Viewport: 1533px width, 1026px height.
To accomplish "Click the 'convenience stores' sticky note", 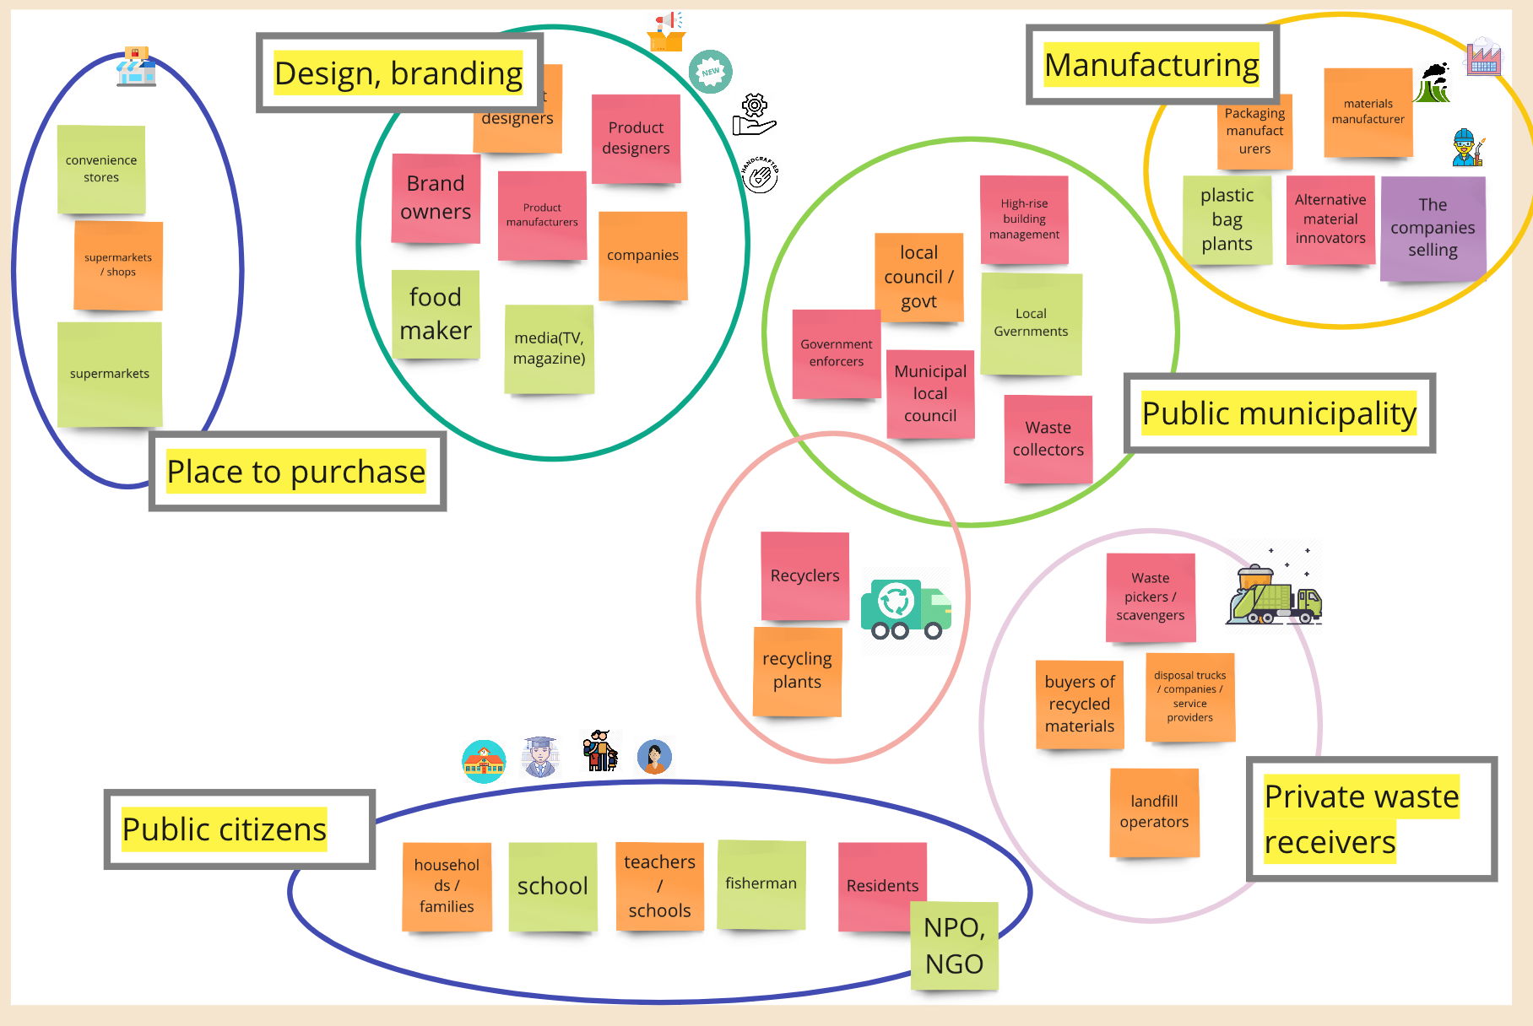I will click(101, 169).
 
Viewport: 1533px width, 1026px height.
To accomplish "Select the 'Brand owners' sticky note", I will click(436, 198).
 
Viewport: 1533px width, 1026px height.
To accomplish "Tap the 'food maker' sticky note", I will click(436, 314).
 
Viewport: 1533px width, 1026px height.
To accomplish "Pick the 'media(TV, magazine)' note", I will click(550, 348).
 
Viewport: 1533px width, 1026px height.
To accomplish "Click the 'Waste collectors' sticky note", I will click(1048, 439).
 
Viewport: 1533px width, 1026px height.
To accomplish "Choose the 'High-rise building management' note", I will click(1024, 219).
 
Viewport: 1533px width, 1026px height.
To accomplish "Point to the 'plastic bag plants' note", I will click(1227, 219).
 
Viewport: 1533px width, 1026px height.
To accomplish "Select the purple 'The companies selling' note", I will click(1433, 228).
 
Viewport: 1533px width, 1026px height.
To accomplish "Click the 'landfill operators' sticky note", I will click(1154, 812).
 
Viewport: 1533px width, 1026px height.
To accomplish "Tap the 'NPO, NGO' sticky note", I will click(955, 945).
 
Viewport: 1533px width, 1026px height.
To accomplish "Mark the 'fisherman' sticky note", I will click(761, 883).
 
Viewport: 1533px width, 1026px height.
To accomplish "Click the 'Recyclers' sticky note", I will click(804, 575).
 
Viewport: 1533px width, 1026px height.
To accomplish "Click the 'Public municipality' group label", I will click(1279, 413).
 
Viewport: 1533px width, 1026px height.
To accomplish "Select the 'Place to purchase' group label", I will click(296, 471).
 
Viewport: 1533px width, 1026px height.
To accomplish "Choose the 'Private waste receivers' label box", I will click(1371, 818).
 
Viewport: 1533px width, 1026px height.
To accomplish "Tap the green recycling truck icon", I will click(905, 608).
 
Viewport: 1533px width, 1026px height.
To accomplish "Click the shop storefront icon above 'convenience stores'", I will click(136, 67).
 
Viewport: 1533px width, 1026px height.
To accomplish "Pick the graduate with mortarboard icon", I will click(540, 756).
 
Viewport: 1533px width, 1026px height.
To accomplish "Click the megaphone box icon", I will click(667, 32).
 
